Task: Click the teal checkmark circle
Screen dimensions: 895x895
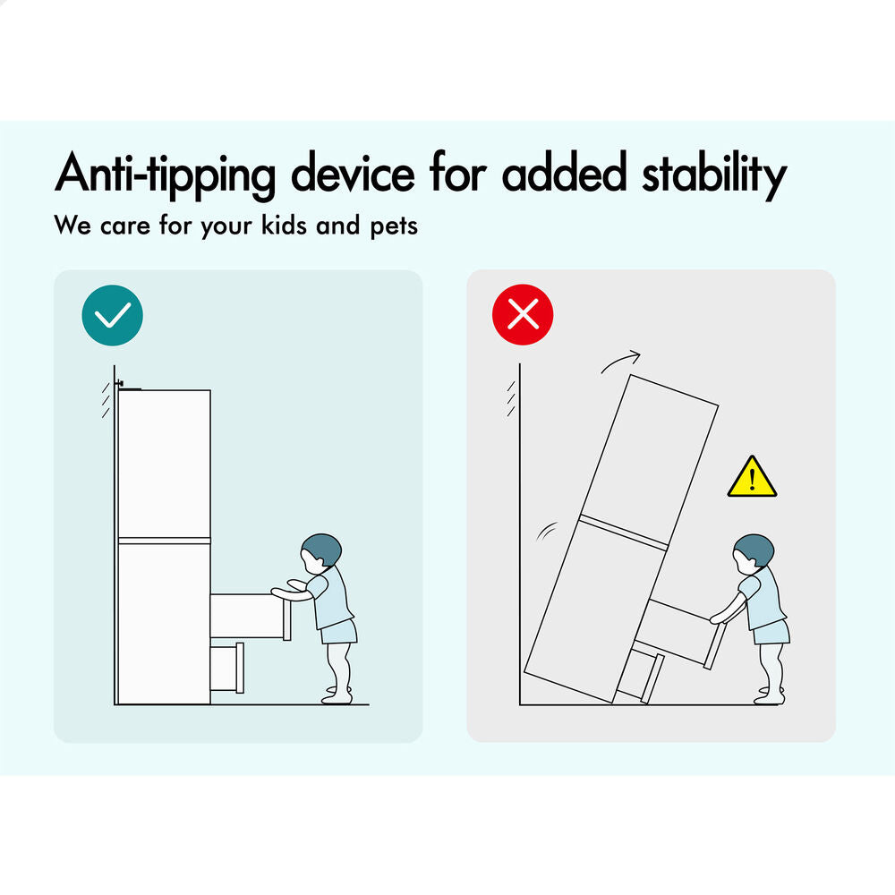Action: click(x=113, y=315)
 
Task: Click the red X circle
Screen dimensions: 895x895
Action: click(x=523, y=314)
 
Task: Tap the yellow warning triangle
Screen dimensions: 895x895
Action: click(x=753, y=477)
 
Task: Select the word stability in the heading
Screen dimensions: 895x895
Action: click(x=714, y=174)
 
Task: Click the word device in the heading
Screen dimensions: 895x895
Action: click(x=353, y=173)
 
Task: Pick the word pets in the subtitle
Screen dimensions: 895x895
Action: click(x=394, y=226)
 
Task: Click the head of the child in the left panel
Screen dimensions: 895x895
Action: click(x=320, y=553)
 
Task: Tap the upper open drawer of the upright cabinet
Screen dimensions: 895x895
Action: click(x=251, y=617)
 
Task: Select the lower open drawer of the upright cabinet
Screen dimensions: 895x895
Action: click(x=227, y=668)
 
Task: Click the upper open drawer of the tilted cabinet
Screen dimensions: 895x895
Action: click(x=680, y=633)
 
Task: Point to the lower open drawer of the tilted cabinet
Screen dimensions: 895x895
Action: click(x=641, y=677)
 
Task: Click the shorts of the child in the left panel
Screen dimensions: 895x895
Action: click(x=338, y=631)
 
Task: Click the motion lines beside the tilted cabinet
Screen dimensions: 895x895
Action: click(x=546, y=531)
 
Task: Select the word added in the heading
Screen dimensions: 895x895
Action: click(x=565, y=173)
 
